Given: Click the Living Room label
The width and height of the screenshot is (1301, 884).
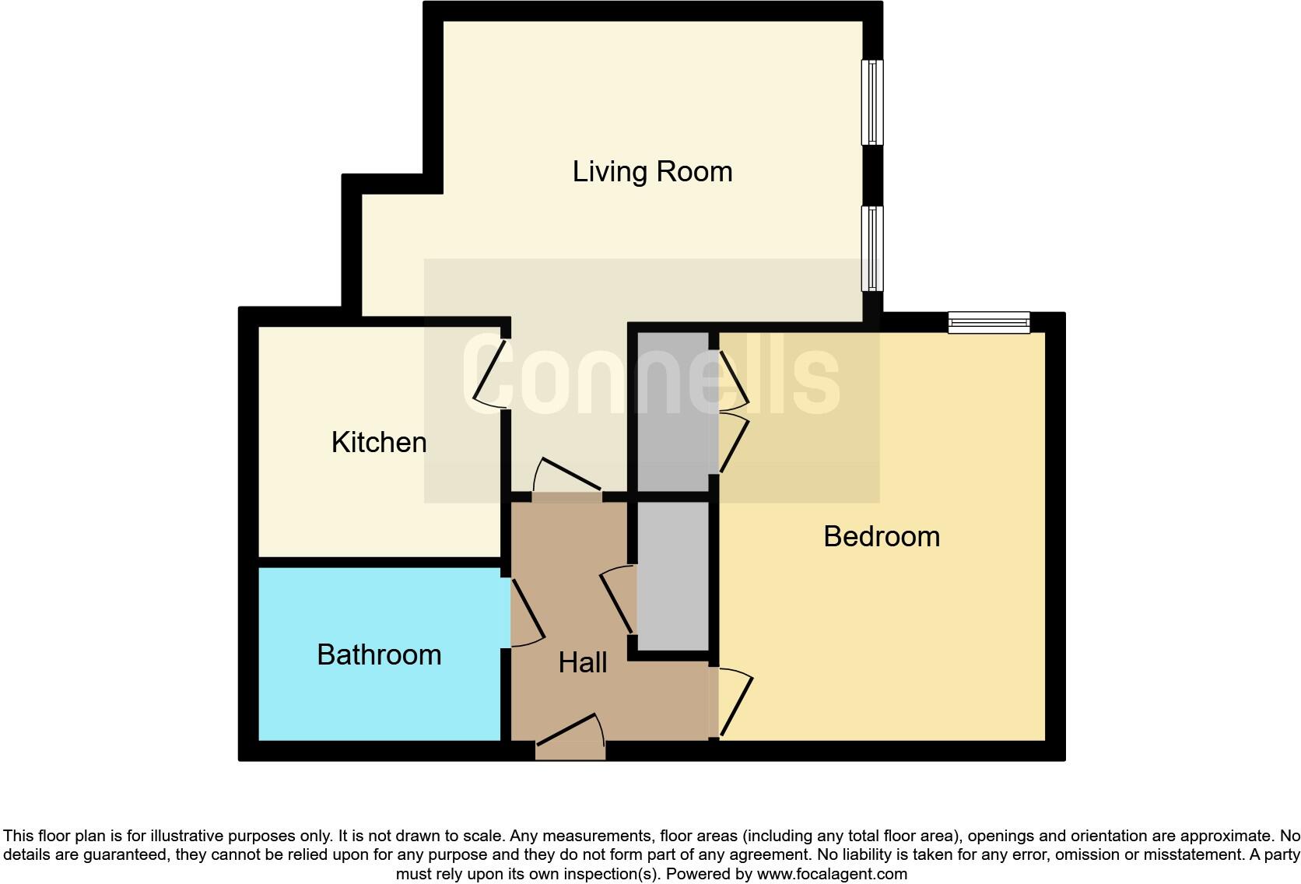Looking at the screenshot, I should click(x=652, y=172).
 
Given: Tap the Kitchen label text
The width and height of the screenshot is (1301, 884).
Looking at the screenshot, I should click(x=379, y=443).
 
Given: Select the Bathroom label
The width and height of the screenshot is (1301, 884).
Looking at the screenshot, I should click(x=379, y=655).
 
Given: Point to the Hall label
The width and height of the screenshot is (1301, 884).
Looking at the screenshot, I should click(x=583, y=663).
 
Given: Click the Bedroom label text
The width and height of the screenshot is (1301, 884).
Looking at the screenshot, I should click(x=882, y=537).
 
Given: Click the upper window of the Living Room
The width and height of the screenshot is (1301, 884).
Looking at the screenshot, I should click(x=872, y=103).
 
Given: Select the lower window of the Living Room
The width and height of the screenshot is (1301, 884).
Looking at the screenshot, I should click(x=872, y=248).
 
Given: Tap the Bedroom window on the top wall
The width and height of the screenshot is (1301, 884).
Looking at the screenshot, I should click(x=988, y=322).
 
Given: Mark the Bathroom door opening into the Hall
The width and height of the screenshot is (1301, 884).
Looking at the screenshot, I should click(x=527, y=613).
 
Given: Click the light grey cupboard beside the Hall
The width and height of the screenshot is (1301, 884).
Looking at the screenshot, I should click(x=673, y=576).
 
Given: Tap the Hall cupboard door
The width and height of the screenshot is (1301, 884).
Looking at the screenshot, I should click(x=619, y=599).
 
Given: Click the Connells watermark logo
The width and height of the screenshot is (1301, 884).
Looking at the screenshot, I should click(x=650, y=377).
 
